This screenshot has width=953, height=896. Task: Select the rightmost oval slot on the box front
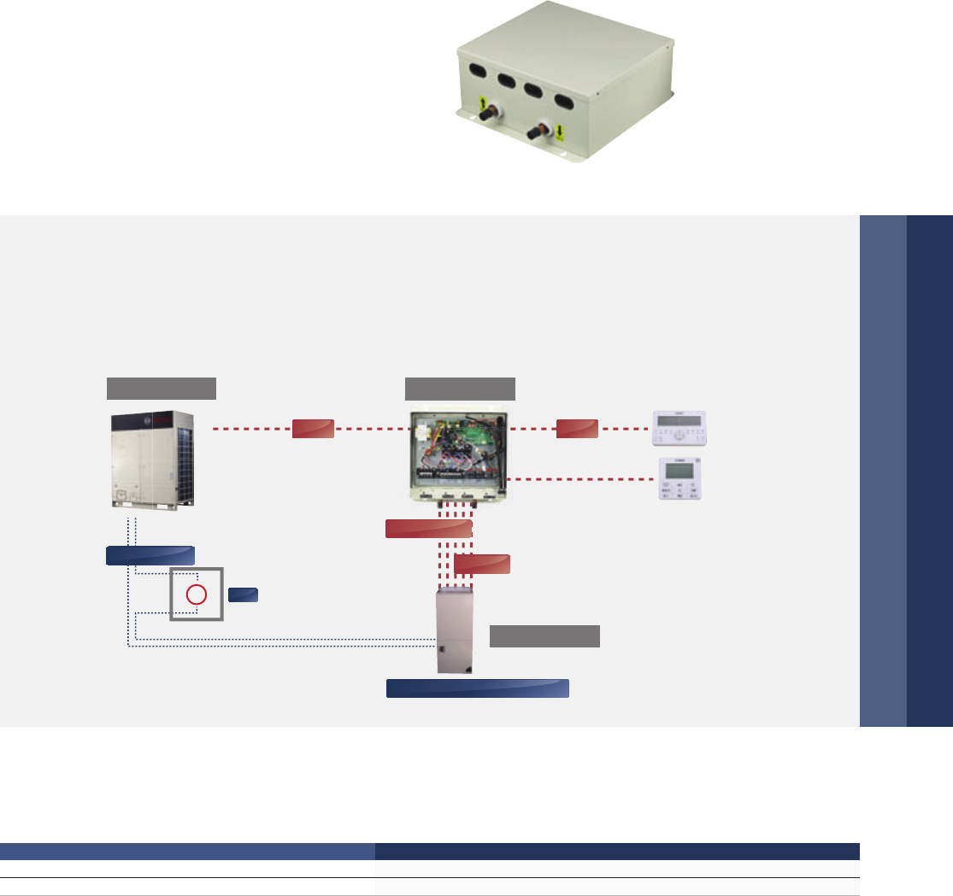coord(566,99)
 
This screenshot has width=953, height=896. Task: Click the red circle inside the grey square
coord(197,594)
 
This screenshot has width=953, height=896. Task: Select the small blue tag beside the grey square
coord(243,594)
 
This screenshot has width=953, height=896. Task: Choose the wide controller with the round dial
coord(681,429)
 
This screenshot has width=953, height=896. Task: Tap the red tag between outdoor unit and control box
coord(312,429)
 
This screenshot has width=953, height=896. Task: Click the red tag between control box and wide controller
coord(577,429)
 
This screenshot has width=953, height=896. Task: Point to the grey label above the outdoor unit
coord(161,388)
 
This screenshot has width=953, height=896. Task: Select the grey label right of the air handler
coord(544,636)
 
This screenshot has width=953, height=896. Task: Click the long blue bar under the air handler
coord(478,688)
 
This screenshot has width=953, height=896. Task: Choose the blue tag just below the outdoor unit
coord(150,555)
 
